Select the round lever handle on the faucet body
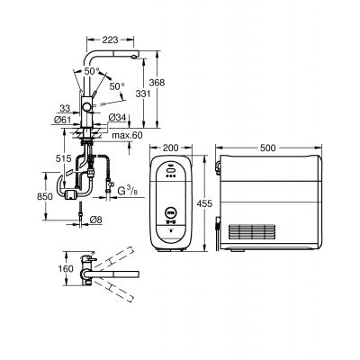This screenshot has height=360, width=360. coord(87,107)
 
